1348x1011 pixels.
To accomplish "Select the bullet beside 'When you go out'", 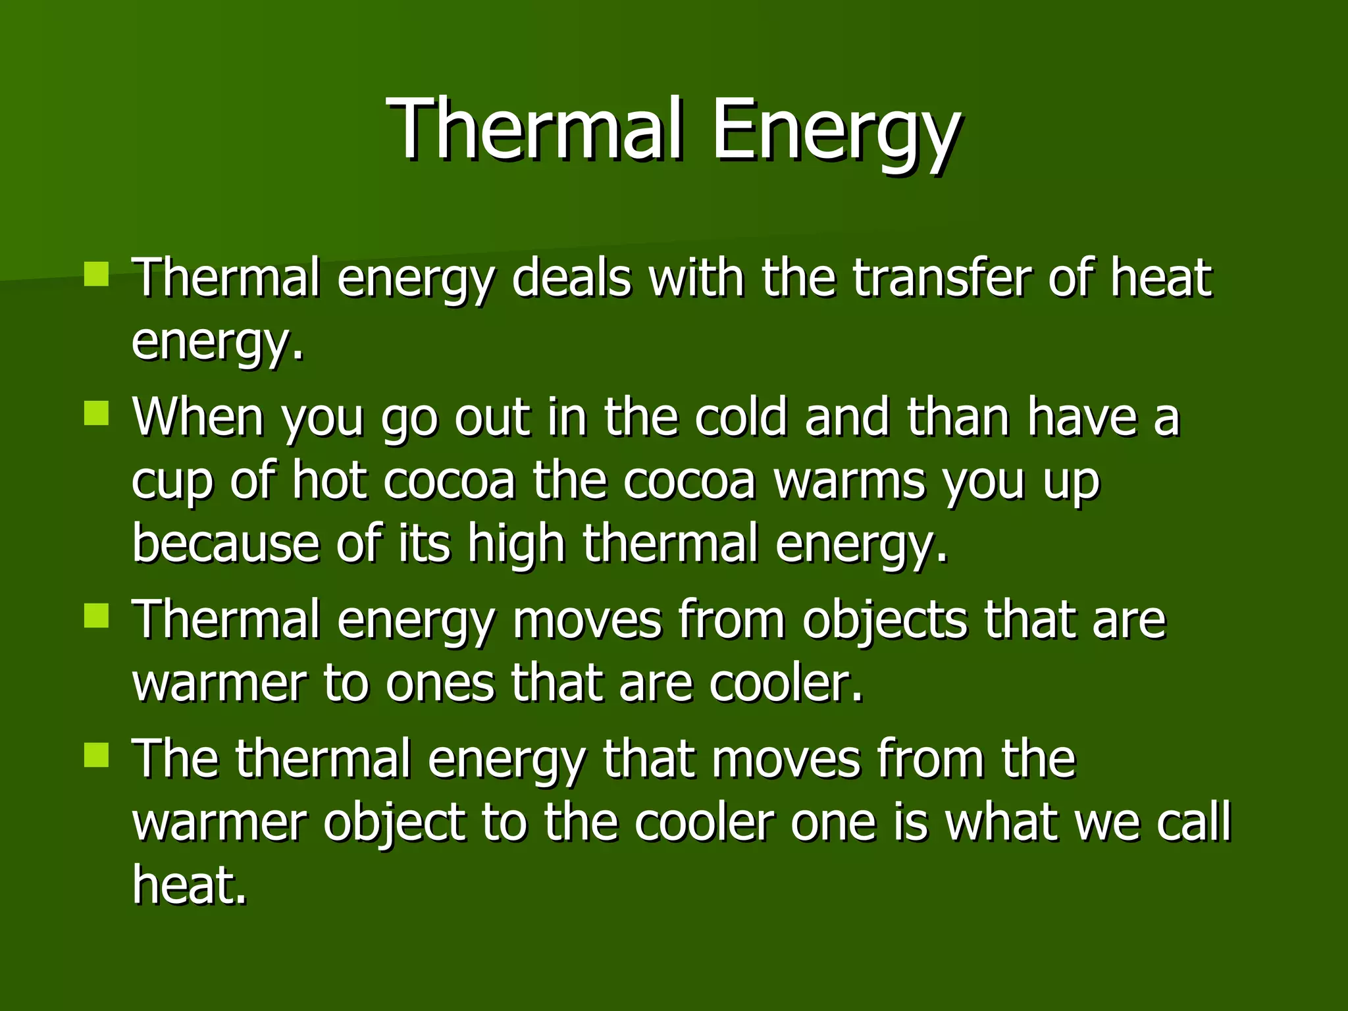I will click(x=96, y=414).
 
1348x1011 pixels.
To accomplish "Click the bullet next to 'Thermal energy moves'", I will click(x=96, y=617).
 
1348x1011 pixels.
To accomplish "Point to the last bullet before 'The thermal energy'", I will click(x=96, y=756).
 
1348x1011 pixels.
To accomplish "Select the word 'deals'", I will click(x=571, y=278).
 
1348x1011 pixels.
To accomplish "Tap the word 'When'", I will click(x=198, y=417).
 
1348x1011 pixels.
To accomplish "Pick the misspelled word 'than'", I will click(x=958, y=417).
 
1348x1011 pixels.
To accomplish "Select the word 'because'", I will click(x=226, y=544).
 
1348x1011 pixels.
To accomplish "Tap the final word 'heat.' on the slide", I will click(x=190, y=885).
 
